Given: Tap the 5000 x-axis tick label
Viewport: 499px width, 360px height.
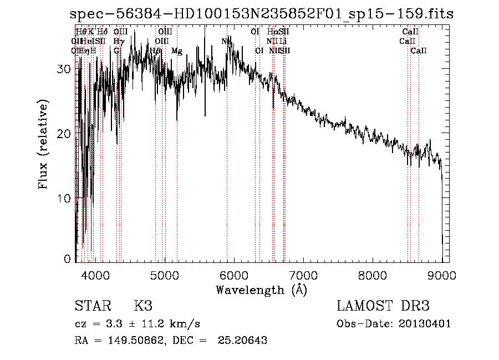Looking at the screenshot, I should [x=164, y=275].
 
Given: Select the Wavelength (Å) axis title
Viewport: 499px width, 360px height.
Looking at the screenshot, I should [x=262, y=290].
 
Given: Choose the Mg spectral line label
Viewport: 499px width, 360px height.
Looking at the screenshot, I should [x=177, y=51].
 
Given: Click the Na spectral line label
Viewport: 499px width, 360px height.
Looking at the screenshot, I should [x=226, y=42].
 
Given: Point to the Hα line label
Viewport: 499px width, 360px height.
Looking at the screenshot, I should [x=272, y=32].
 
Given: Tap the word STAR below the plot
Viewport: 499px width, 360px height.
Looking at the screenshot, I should [x=92, y=306].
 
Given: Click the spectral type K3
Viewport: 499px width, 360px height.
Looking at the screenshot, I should [x=142, y=306].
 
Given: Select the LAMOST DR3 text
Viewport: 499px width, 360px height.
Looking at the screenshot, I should [x=383, y=306].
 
